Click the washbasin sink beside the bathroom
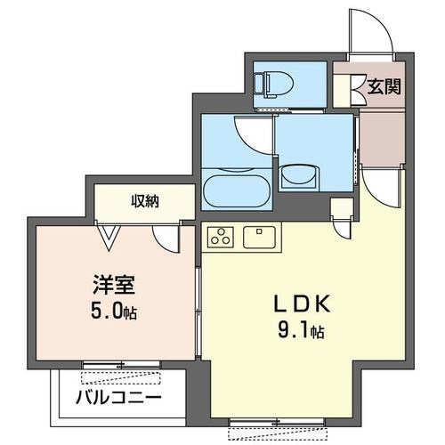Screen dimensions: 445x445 [x=300, y=178]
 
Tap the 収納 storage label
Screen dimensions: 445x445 [x=146, y=202]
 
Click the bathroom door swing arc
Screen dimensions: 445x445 [x=249, y=133]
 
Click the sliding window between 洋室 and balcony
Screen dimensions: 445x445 [x=120, y=365]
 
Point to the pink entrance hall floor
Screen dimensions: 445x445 [x=381, y=138]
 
